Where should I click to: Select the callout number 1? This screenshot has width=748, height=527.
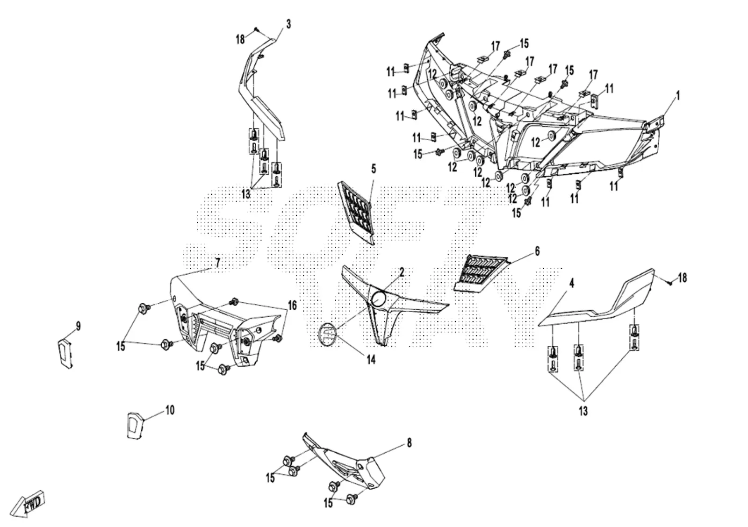(677, 96)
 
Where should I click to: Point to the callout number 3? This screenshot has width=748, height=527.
(288, 24)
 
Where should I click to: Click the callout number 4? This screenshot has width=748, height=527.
(572, 284)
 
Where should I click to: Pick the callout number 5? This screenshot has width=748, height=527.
(374, 169)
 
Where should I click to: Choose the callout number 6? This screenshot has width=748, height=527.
(537, 251)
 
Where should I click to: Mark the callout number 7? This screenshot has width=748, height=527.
(217, 263)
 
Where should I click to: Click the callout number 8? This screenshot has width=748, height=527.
(410, 443)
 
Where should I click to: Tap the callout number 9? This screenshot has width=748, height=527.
(78, 326)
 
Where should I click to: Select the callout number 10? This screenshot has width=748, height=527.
(170, 410)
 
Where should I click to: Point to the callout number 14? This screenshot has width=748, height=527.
(371, 359)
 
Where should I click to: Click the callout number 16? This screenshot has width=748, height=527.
(292, 305)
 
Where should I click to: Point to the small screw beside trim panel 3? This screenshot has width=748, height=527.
(255, 30)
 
